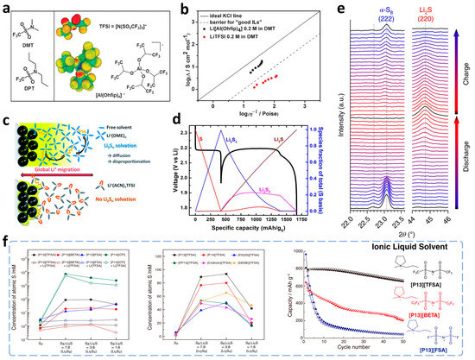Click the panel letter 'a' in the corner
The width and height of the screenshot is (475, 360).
click(6, 7)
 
